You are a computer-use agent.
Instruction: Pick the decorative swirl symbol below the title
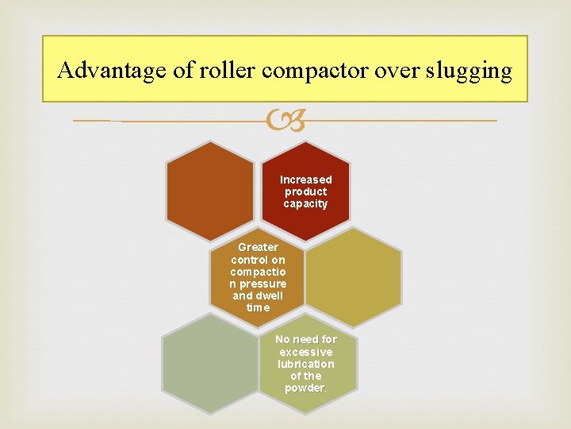[285, 121]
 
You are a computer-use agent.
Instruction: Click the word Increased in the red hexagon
[305, 180]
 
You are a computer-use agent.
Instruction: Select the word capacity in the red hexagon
[305, 203]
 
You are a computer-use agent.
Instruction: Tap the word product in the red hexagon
[305, 191]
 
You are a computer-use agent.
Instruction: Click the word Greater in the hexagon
[258, 247]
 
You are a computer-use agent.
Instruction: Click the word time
[258, 307]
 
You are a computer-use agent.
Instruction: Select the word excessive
[306, 352]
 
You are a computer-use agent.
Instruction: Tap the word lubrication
[306, 364]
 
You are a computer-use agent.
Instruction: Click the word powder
[305, 388]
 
